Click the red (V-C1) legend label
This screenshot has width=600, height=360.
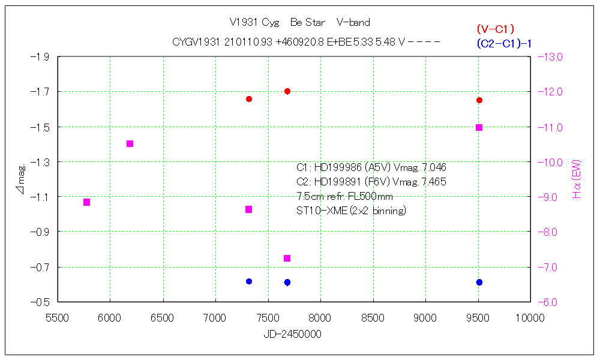tap(496, 29)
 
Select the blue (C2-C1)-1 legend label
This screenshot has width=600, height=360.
tap(505, 43)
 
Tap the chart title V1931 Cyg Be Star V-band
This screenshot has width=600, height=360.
tap(300, 23)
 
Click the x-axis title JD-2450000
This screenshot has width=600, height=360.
tap(292, 334)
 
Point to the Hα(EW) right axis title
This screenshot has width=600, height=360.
tap(577, 183)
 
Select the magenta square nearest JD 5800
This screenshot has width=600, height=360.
tap(86, 202)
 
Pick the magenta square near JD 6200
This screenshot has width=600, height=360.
tap(130, 143)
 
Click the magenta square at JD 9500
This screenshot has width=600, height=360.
tap(479, 127)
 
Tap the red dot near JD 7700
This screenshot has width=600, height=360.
tap(287, 91)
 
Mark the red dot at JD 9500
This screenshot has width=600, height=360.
tap(479, 100)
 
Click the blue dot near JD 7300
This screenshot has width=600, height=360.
tap(249, 281)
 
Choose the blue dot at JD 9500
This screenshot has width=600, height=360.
tap(479, 282)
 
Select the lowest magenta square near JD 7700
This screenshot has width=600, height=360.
tap(287, 258)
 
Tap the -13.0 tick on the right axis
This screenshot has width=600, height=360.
tap(550, 57)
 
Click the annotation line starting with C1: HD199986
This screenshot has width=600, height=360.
tap(371, 167)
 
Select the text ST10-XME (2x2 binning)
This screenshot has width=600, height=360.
tap(352, 211)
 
